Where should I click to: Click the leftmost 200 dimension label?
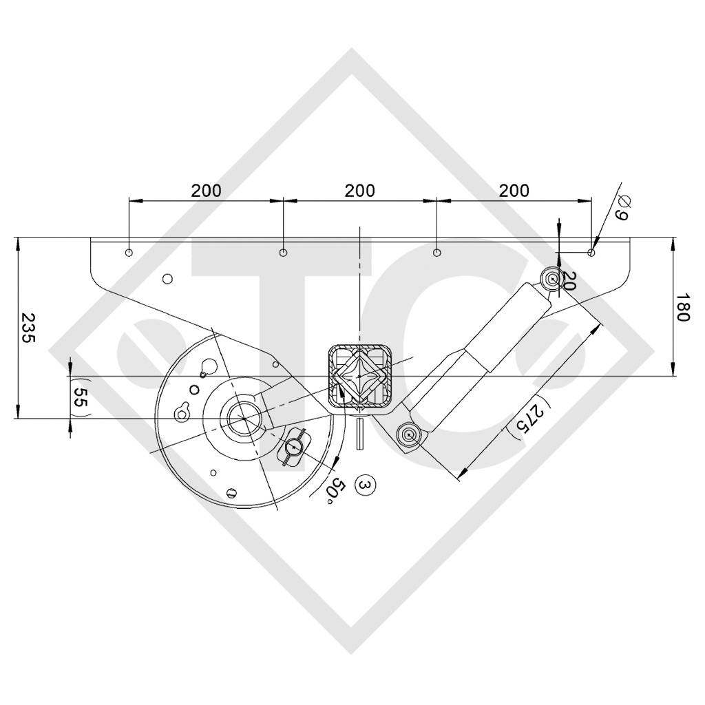(207, 191)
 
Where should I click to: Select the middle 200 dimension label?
(360, 191)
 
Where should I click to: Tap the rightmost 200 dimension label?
(514, 191)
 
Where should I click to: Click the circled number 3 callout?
(365, 485)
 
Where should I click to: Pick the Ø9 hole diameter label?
(621, 208)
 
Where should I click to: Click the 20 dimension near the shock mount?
(569, 280)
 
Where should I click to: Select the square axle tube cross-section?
(359, 377)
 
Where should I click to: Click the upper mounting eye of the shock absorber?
(551, 279)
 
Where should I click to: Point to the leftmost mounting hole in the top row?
(129, 253)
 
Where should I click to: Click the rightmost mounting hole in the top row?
(591, 253)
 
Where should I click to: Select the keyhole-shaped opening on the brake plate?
(183, 412)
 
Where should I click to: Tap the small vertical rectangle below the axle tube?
(359, 434)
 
